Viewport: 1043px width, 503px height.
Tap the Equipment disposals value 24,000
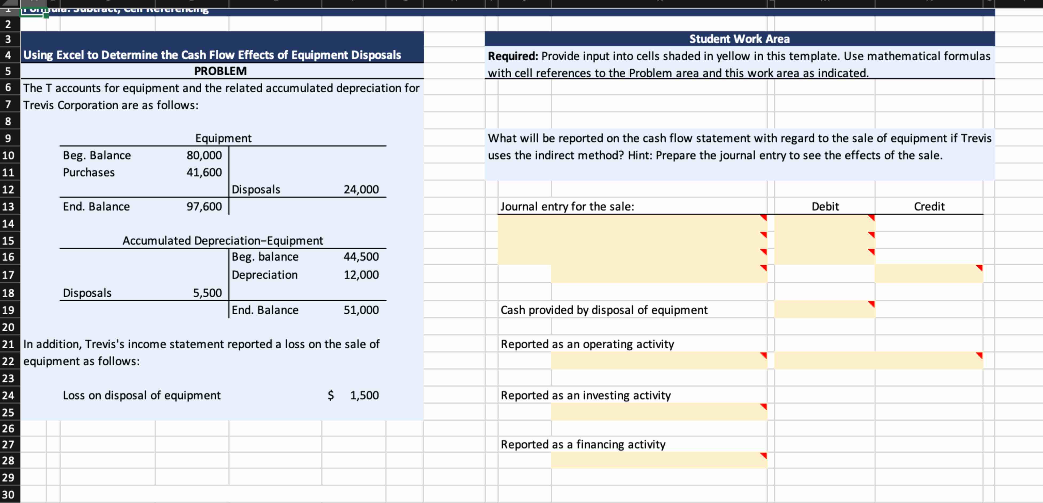click(x=361, y=189)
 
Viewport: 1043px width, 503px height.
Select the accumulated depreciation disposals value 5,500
click(x=207, y=293)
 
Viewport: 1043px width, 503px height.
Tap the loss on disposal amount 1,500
click(x=364, y=395)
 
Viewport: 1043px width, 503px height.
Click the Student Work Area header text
click(x=739, y=39)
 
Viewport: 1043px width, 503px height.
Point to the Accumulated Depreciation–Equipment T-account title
click(x=223, y=241)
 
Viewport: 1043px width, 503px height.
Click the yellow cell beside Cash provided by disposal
click(x=824, y=310)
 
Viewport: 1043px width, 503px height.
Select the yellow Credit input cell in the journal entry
click(x=928, y=274)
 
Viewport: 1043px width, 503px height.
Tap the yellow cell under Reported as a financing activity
click(x=659, y=460)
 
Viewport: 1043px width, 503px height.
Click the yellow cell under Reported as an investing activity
click(x=659, y=412)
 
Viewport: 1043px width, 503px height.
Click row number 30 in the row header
click(x=8, y=494)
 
